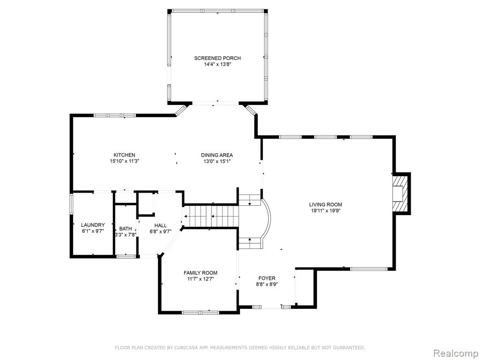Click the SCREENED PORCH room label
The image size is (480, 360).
pyautogui.click(x=217, y=58)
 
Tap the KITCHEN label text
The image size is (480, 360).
pyautogui.click(x=124, y=155)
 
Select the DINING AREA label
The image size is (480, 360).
pyautogui.click(x=217, y=155)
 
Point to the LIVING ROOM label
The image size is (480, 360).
pyautogui.click(x=325, y=204)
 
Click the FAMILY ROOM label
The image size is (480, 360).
pyautogui.click(x=201, y=273)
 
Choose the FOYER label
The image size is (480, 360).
pyautogui.click(x=267, y=278)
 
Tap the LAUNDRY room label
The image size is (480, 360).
pyautogui.click(x=93, y=225)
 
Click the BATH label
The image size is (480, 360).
pyautogui.click(x=126, y=229)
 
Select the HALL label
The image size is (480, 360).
pyautogui.click(x=160, y=225)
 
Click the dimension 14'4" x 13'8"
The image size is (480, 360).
pyautogui.click(x=217, y=65)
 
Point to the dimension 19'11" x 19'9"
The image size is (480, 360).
pyautogui.click(x=325, y=210)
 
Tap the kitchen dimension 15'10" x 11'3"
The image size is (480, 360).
pyautogui.click(x=125, y=161)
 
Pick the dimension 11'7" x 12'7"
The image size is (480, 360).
pyautogui.click(x=201, y=279)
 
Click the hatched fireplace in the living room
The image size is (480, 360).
pyautogui.click(x=402, y=193)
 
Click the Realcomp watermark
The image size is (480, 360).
pyautogui.click(x=455, y=353)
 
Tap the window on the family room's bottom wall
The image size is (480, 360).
pyautogui.click(x=201, y=312)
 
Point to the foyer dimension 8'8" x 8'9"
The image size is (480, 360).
pyautogui.click(x=267, y=284)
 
